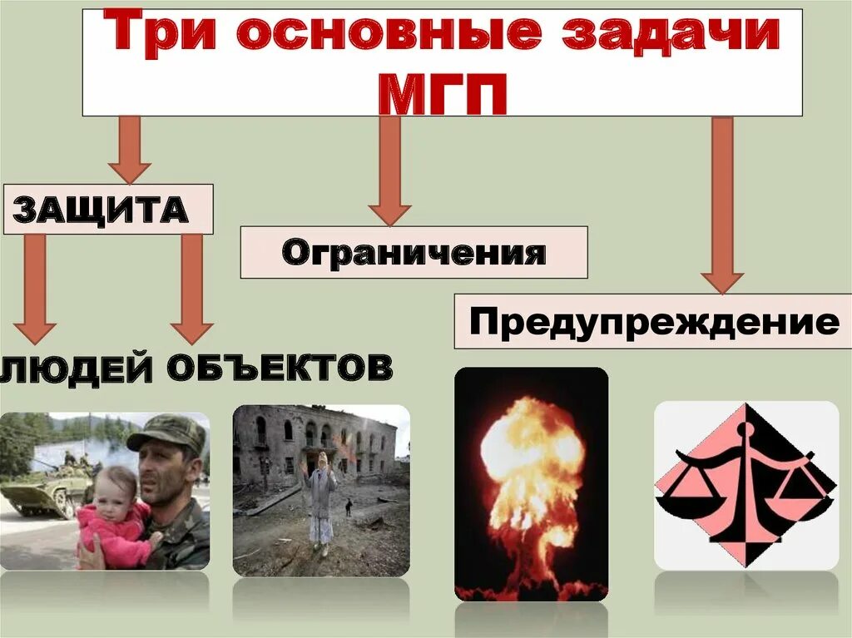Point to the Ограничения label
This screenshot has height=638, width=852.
point(414,252)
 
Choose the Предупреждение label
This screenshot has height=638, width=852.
point(653,321)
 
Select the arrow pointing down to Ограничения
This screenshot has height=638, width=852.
point(389,171)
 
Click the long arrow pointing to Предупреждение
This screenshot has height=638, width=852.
point(721,204)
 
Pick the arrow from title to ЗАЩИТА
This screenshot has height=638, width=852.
point(129,150)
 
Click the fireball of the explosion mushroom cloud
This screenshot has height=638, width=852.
point(531,449)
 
